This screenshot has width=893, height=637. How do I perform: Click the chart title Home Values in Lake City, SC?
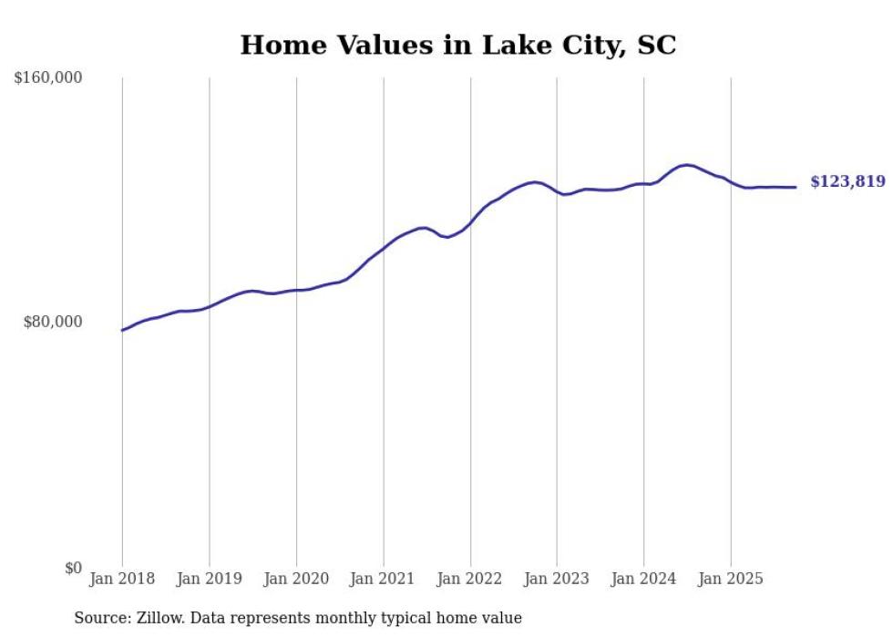[457, 45]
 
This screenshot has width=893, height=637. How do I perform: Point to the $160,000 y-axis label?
[48, 78]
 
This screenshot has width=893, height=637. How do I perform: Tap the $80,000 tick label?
[53, 322]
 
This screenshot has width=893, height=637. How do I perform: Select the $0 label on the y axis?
[73, 568]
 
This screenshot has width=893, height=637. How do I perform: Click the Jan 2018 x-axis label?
[122, 579]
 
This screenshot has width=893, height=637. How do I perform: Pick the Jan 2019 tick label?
[210, 579]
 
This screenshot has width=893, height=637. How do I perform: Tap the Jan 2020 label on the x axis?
[296, 579]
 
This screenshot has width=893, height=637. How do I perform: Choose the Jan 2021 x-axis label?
[383, 579]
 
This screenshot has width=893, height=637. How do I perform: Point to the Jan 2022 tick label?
[470, 579]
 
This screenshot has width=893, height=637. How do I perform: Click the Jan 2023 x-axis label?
[557, 579]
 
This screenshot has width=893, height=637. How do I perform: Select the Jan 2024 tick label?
[644, 579]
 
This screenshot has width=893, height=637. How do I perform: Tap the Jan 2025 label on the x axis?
[731, 579]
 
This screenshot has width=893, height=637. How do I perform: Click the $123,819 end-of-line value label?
[847, 182]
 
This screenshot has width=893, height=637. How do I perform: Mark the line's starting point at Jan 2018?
[122, 330]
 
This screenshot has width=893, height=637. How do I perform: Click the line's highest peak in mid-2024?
[686, 165]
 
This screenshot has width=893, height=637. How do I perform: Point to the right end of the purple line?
[795, 187]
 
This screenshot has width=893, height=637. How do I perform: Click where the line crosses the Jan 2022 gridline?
[470, 222]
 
